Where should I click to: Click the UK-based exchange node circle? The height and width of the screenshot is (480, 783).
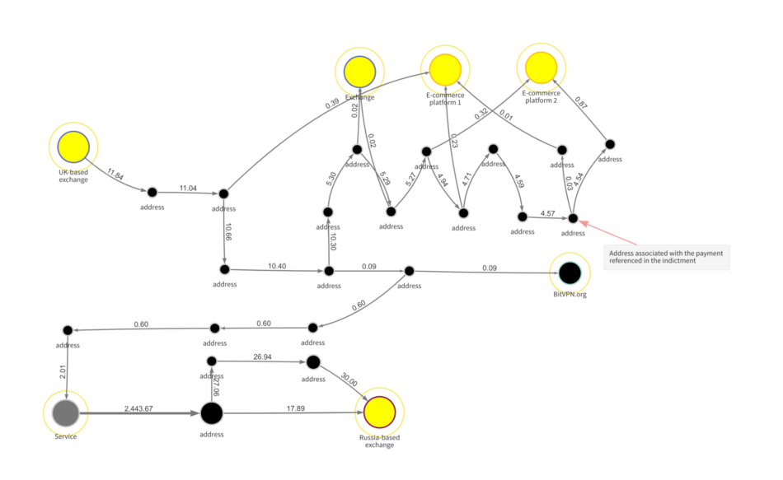[x=73, y=148]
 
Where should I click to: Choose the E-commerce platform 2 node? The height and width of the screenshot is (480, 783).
[x=542, y=68]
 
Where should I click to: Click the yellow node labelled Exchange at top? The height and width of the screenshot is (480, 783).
[x=359, y=72]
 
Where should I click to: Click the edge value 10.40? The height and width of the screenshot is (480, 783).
[x=277, y=266]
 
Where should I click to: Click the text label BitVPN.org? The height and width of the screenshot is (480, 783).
[x=570, y=294]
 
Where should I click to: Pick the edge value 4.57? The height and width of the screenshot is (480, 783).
[x=547, y=213]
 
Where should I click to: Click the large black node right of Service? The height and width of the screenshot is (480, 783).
[x=212, y=412]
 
